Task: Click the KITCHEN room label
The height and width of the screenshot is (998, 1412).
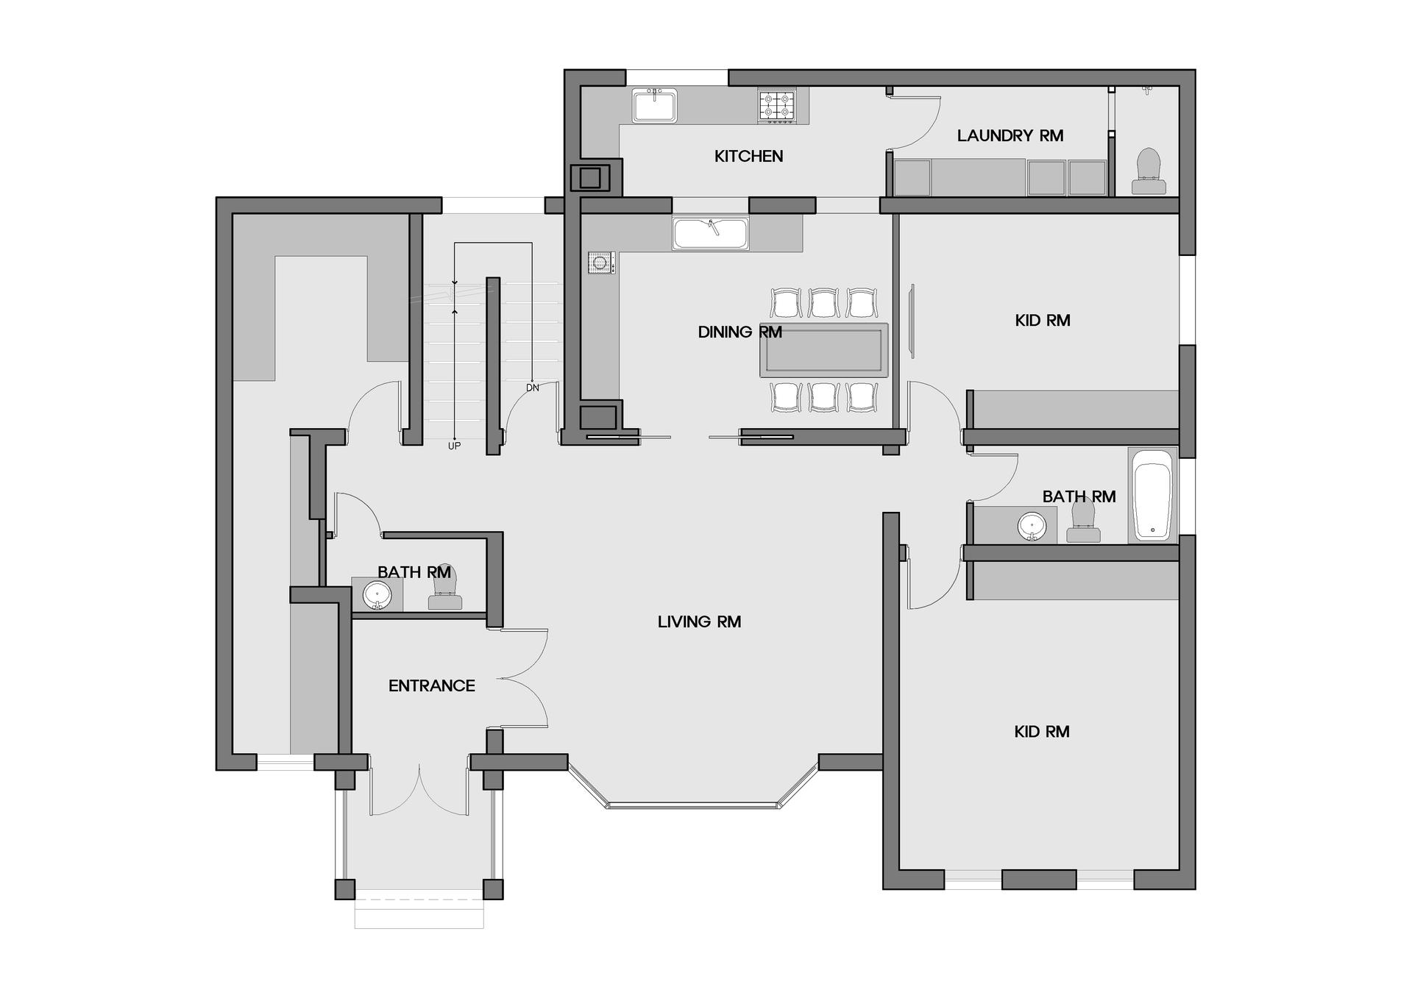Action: [x=748, y=156]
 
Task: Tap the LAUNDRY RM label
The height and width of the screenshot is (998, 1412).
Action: [x=1010, y=135]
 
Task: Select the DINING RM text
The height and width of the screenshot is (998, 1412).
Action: [x=739, y=332]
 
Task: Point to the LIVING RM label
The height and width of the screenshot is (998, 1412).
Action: [x=699, y=621]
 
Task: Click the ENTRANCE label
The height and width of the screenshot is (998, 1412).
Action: [x=431, y=685]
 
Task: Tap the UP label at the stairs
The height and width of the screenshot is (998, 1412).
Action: [x=454, y=446]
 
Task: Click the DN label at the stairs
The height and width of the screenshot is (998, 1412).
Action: [x=532, y=388]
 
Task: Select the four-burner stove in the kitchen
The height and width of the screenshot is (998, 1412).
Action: [x=777, y=106]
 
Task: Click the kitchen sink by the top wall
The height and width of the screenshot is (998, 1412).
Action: [x=654, y=105]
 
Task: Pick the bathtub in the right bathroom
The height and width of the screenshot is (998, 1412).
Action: [x=1152, y=495]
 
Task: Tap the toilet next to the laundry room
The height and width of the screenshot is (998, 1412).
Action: [x=1149, y=171]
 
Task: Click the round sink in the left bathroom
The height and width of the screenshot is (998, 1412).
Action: [x=377, y=594]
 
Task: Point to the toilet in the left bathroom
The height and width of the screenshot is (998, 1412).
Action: [x=445, y=588]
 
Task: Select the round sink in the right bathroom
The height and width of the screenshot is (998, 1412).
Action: [x=1032, y=526]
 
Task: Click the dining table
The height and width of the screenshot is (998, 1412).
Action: [x=823, y=349]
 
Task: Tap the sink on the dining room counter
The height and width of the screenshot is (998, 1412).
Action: [x=710, y=233]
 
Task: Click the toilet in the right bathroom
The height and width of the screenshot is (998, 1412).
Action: [x=1083, y=520]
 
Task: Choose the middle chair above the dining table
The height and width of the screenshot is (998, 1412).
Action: [x=823, y=303]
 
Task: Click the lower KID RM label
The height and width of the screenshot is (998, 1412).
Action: [x=1041, y=731]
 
